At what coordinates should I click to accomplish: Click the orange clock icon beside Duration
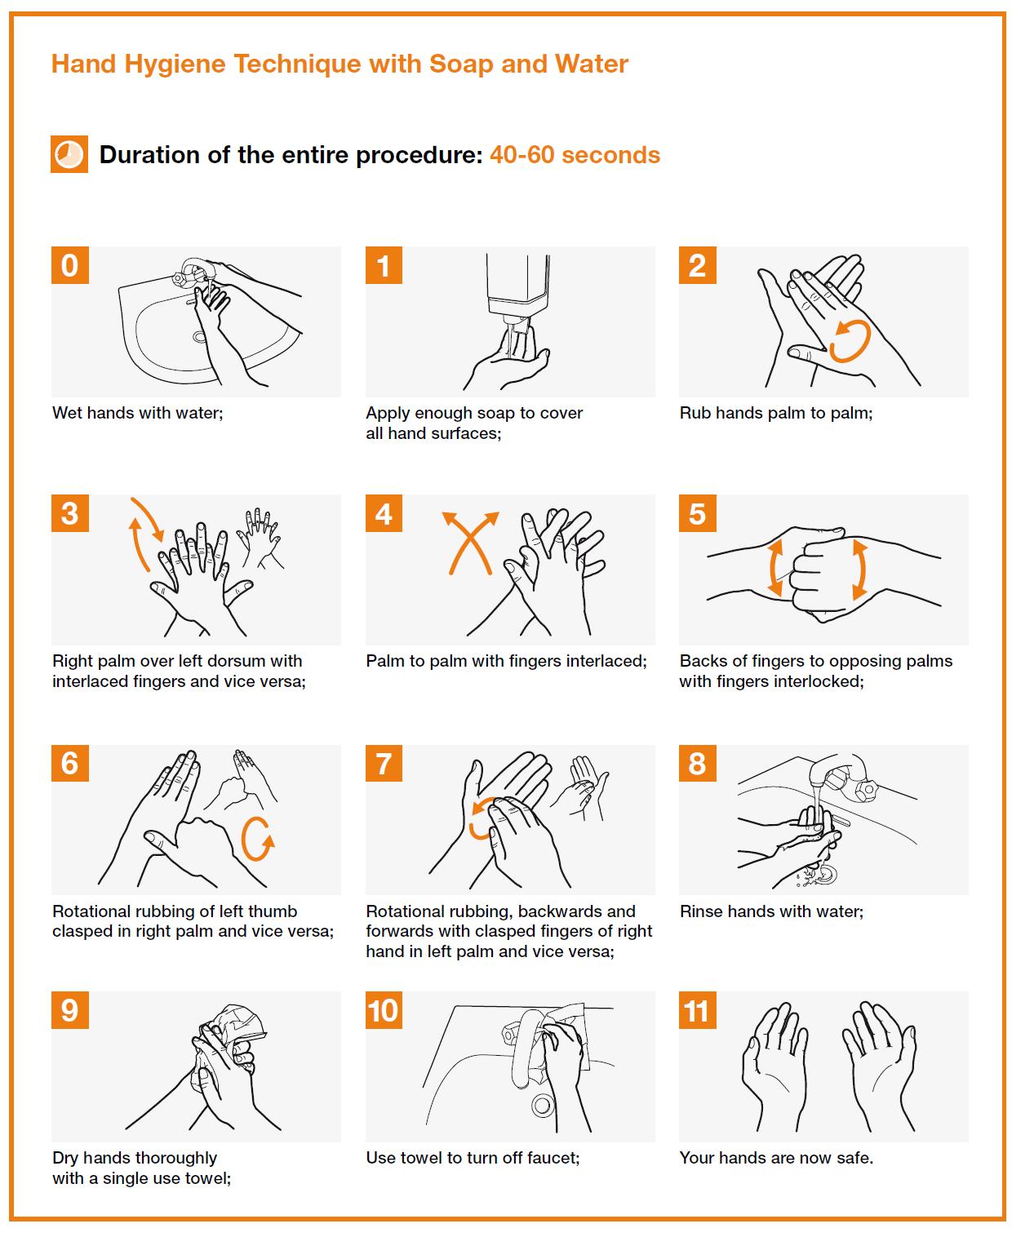(x=69, y=154)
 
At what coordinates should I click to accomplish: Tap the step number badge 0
(x=70, y=265)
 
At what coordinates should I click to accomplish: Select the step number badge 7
(x=384, y=763)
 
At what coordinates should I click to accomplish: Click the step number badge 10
(x=384, y=1010)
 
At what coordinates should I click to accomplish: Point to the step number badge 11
(x=698, y=1010)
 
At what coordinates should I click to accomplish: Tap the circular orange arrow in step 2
(x=849, y=340)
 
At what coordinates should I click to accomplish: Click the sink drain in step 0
(x=200, y=337)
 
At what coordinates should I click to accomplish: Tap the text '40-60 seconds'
(x=575, y=155)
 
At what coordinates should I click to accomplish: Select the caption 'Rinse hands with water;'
(x=771, y=911)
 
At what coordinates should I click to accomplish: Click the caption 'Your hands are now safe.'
(x=776, y=1158)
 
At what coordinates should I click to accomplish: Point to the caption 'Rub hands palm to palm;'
(x=776, y=413)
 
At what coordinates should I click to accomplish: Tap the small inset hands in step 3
(x=260, y=538)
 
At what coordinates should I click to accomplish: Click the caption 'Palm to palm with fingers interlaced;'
(x=506, y=661)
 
